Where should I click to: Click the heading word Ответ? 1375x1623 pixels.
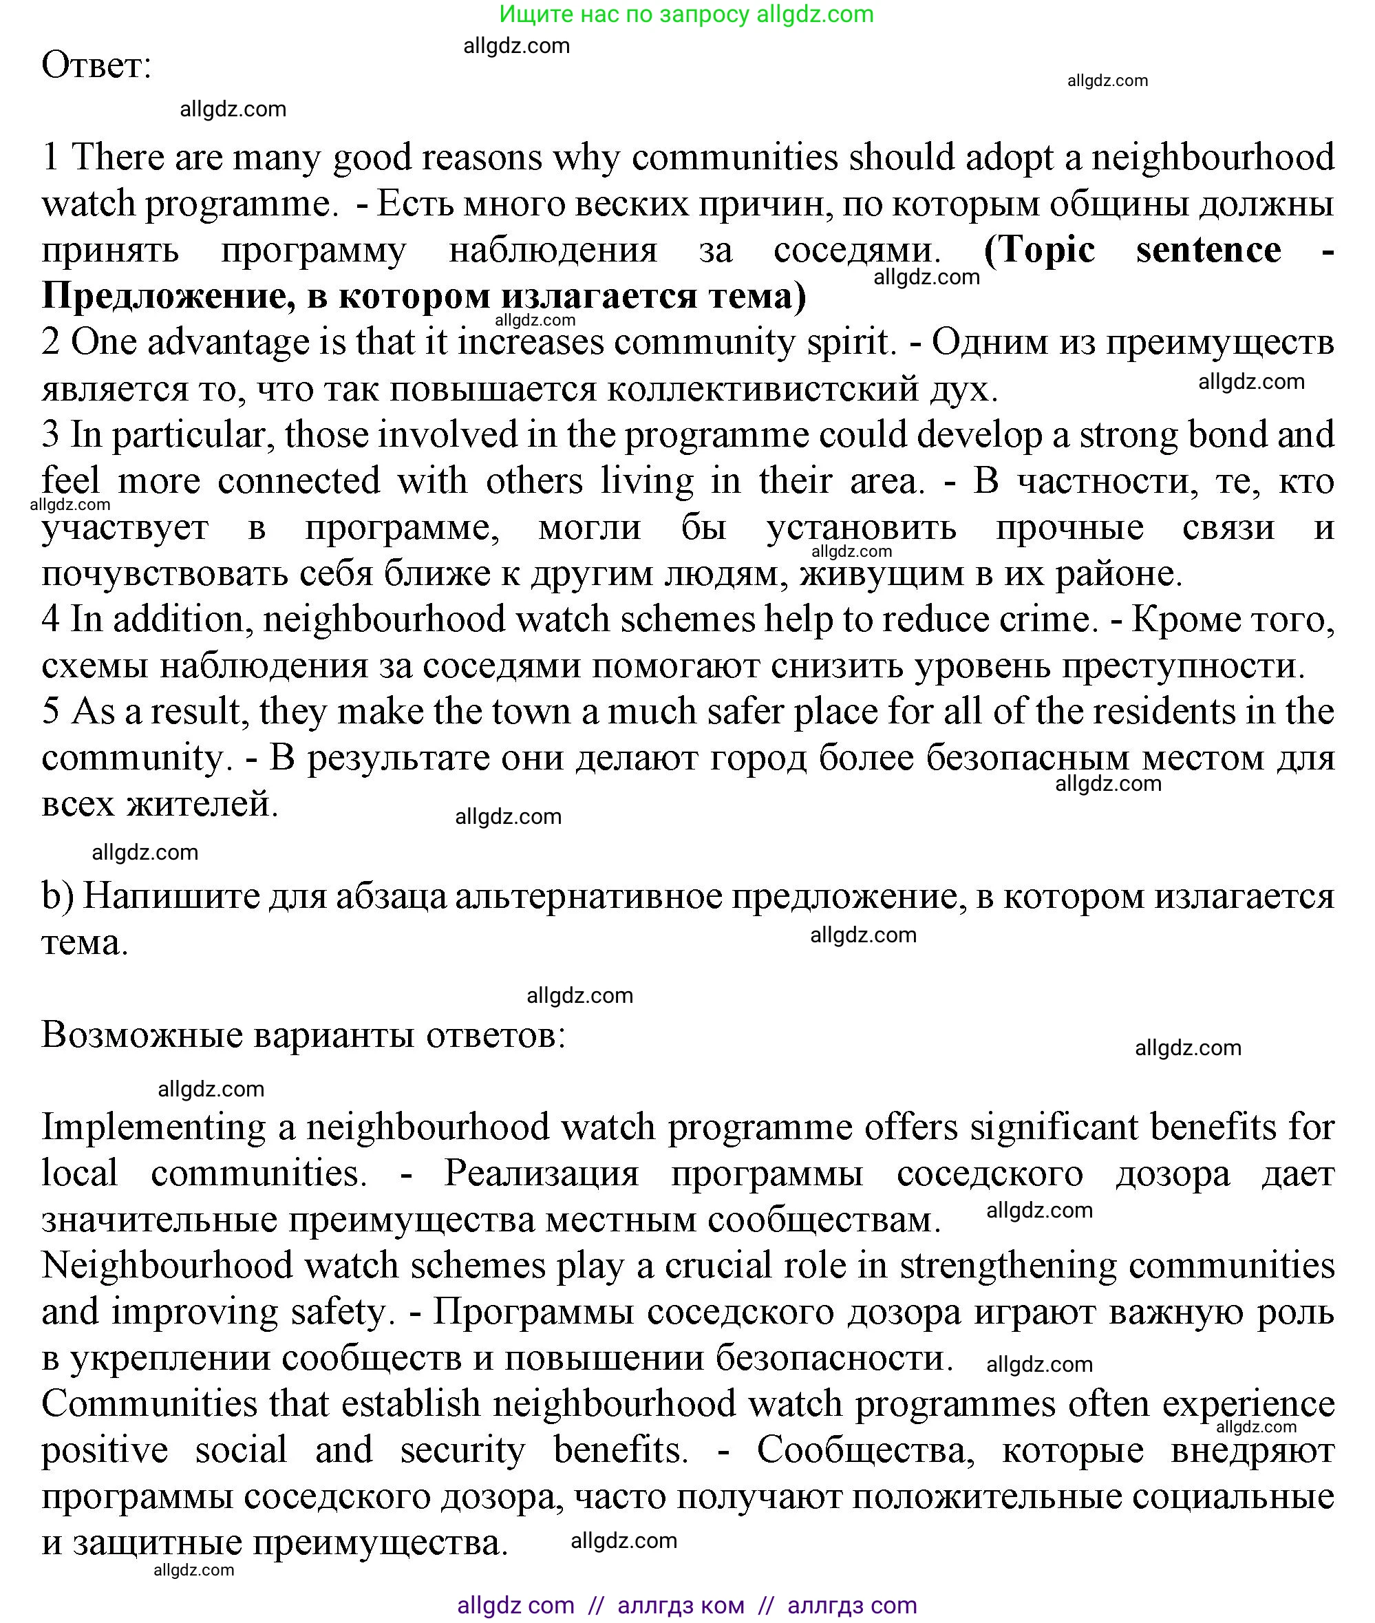tap(96, 65)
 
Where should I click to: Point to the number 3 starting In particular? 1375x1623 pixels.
tap(51, 435)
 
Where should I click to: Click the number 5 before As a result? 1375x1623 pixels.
tap(51, 712)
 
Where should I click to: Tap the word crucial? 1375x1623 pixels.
tap(718, 1266)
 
